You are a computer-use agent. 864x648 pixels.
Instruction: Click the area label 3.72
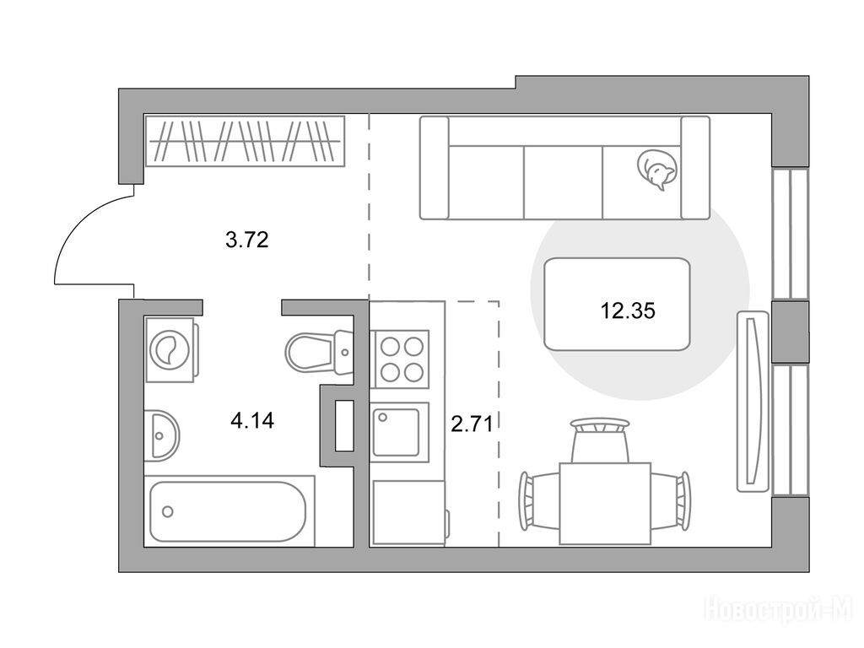pos(247,240)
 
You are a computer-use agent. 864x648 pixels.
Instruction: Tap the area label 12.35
pos(628,311)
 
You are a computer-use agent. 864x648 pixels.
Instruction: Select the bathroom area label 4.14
pos(252,421)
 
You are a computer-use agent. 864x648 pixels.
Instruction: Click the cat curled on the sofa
pos(656,170)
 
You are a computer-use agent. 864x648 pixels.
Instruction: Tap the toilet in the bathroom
pos(318,350)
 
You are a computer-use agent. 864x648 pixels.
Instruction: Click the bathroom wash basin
pos(161,435)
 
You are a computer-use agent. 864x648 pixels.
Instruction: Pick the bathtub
pos(229,510)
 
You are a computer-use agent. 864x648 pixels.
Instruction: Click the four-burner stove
pos(401,358)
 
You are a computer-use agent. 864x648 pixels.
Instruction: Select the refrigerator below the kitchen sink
pos(410,512)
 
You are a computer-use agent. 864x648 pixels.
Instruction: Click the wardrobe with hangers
pos(246,141)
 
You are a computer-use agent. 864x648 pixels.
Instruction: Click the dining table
pos(604,503)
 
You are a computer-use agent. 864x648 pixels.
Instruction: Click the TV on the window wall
pos(753,401)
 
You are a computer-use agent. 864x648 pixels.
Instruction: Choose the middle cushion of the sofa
pos(563,182)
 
